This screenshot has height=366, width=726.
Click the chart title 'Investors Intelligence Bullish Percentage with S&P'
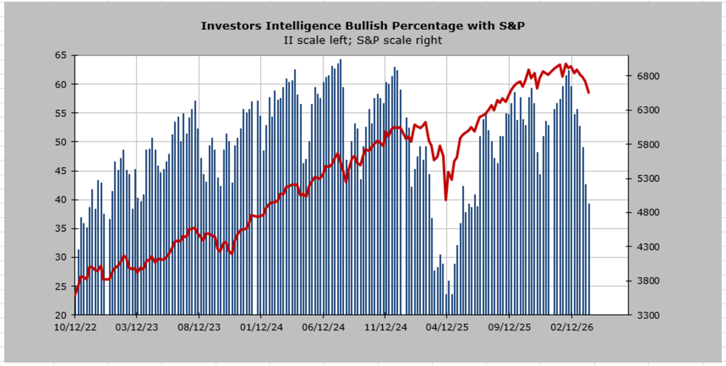click(x=362, y=26)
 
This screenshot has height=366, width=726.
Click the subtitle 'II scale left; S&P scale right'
click(x=362, y=40)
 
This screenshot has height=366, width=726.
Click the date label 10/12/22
click(x=75, y=327)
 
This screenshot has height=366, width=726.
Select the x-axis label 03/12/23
click(x=137, y=327)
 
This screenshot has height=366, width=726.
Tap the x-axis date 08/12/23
click(x=199, y=327)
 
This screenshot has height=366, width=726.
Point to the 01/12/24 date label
click(x=261, y=327)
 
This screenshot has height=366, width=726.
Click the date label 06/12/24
click(x=323, y=327)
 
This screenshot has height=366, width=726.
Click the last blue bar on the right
click(x=589, y=260)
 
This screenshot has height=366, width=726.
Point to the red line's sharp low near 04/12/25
click(x=446, y=200)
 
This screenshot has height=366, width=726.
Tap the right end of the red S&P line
click(x=589, y=93)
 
